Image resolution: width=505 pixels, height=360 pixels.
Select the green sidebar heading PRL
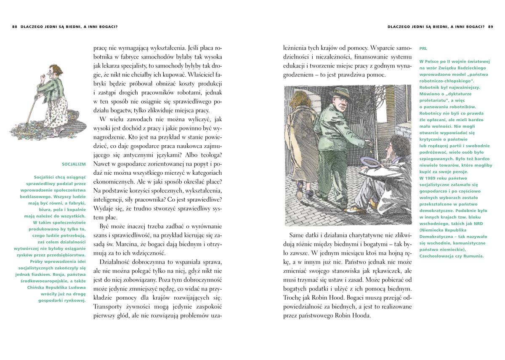[x=423, y=48]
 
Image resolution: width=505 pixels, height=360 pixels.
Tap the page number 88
[x=15, y=27]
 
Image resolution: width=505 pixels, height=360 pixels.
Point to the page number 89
[x=490, y=27]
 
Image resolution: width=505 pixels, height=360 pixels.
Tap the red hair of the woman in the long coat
[x=302, y=103]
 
